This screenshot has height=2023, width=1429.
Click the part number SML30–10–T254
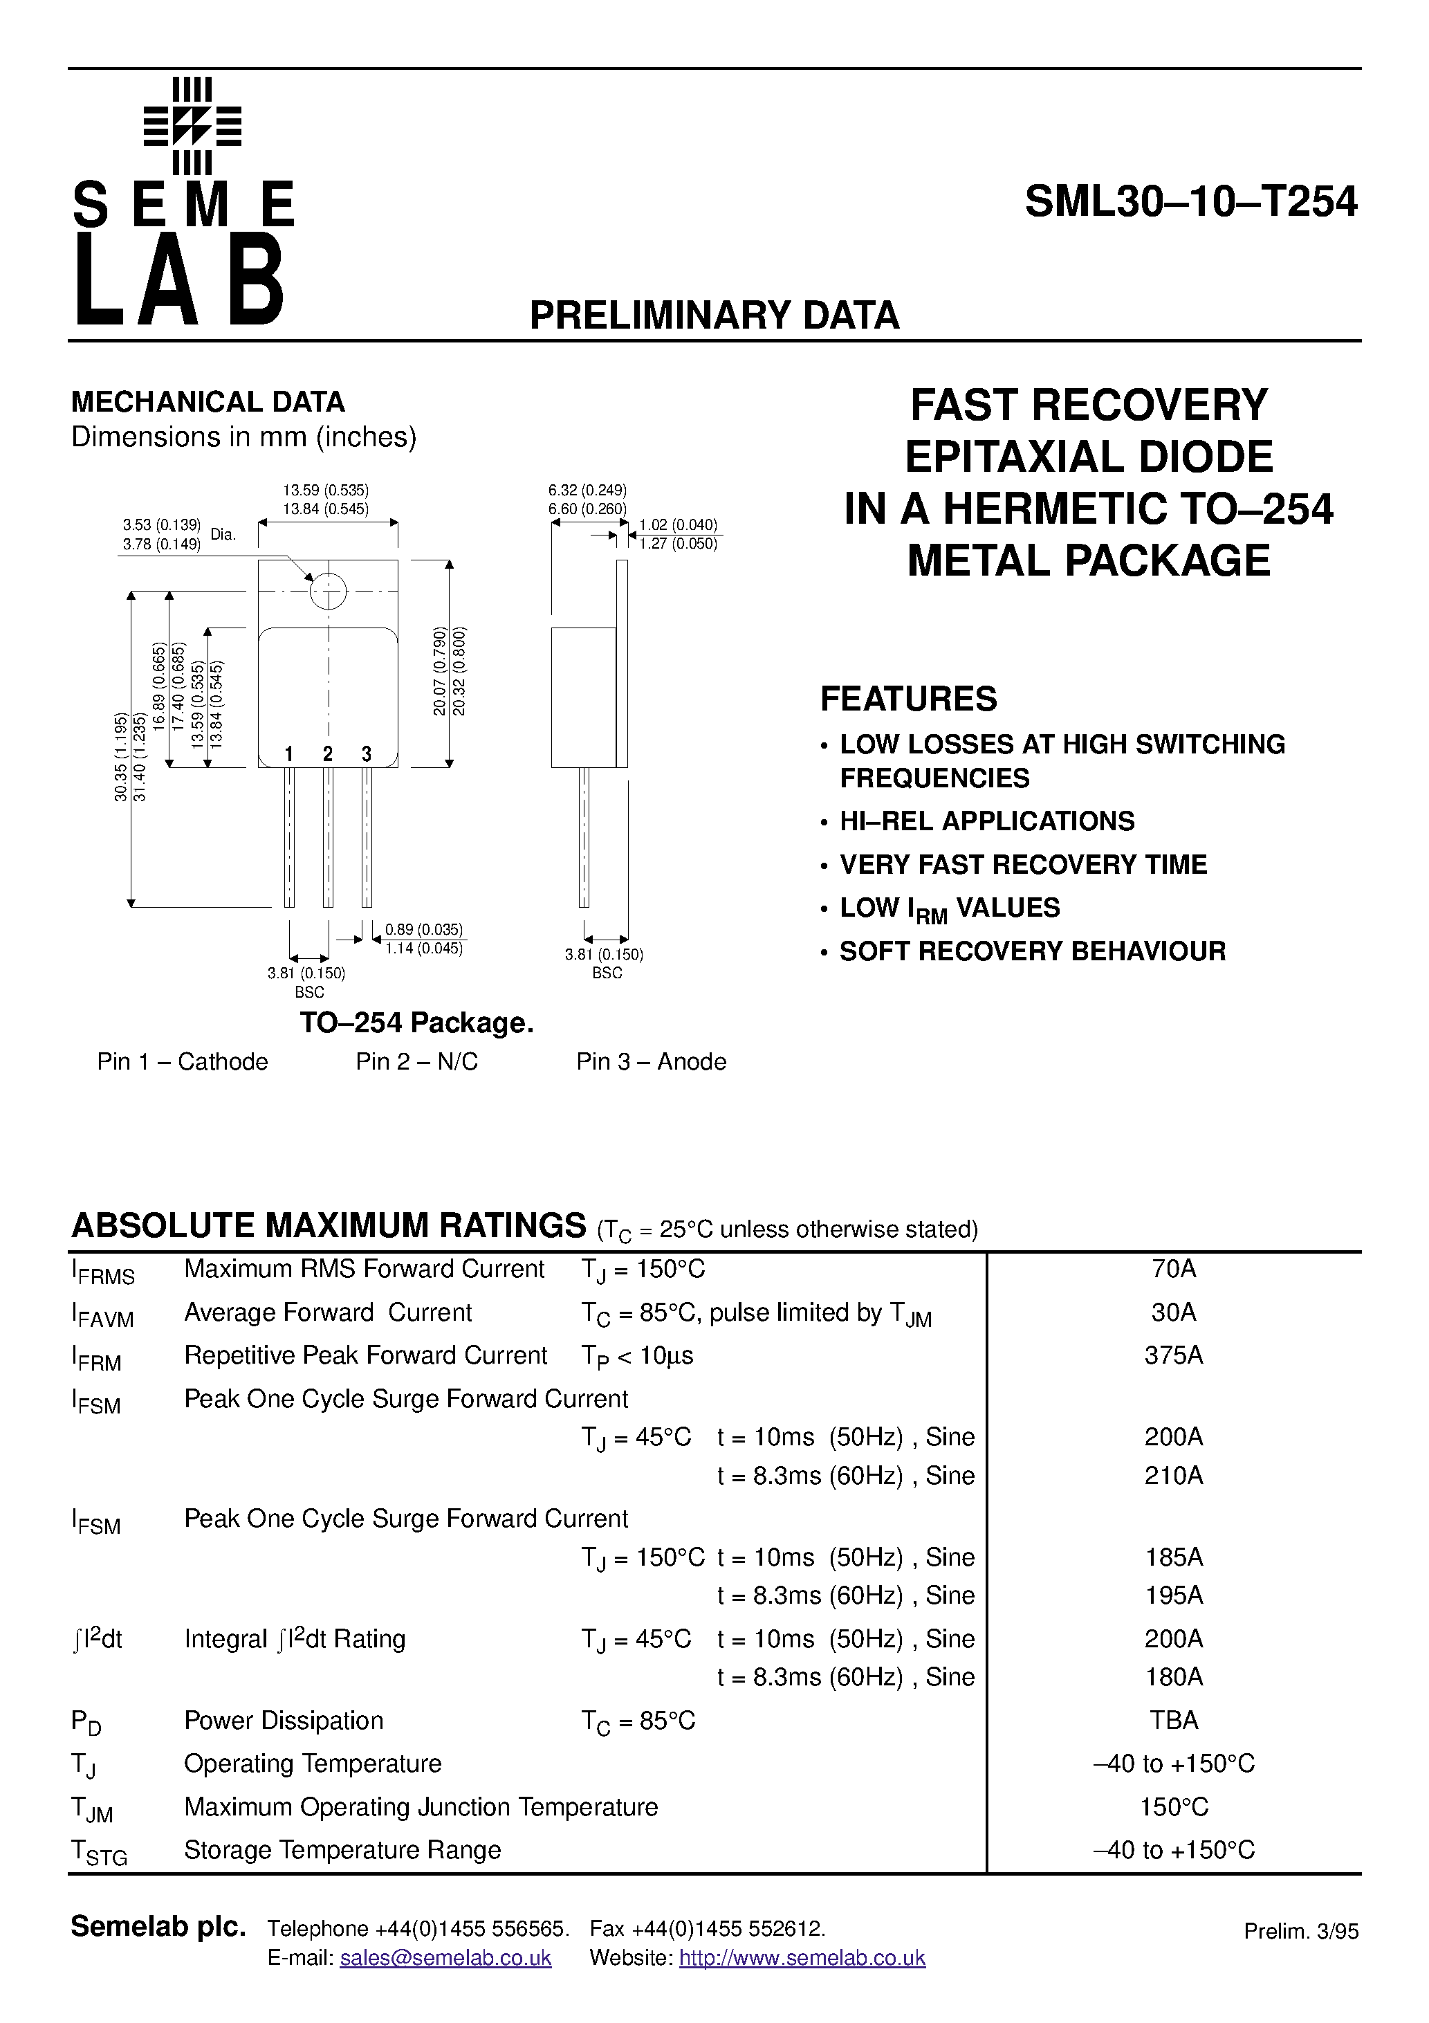tap(1190, 203)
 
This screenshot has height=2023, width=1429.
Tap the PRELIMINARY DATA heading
tap(714, 315)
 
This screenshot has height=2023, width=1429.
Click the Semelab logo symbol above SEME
tap(192, 126)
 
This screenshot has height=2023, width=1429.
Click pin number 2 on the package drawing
tap(328, 754)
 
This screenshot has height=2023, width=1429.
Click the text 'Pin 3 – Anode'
tap(651, 1062)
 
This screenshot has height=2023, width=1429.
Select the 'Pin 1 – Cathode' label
tap(183, 1062)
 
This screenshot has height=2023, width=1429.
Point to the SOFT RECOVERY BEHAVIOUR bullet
tap(1032, 951)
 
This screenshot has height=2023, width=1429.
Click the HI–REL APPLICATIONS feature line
tap(987, 821)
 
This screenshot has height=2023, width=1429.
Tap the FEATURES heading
tap(908, 699)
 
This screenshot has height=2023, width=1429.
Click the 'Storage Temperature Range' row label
tap(342, 1849)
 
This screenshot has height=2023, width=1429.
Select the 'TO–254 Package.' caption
tap(416, 1023)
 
